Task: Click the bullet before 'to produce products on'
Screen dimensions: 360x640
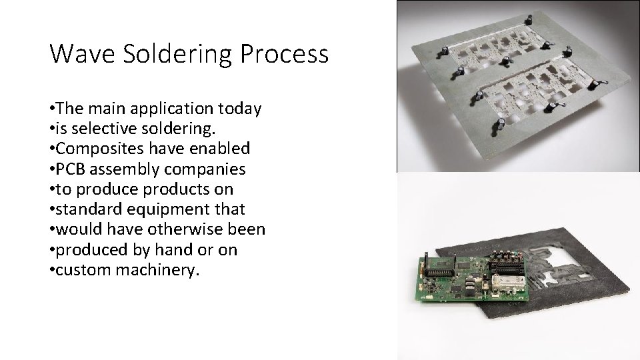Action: (52, 189)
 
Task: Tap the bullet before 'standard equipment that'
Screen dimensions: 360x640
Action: (52, 210)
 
